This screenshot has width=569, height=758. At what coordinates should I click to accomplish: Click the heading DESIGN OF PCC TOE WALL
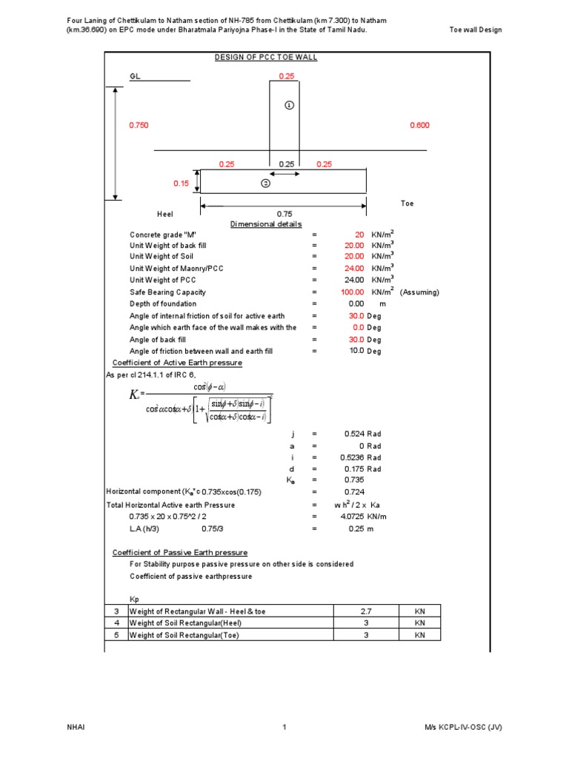265,57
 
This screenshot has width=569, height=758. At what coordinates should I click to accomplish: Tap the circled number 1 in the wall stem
289,105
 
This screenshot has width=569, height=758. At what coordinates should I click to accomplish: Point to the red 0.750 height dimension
139,126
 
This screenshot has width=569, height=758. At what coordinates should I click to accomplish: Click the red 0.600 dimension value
419,126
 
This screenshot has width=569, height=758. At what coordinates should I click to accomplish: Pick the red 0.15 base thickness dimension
181,183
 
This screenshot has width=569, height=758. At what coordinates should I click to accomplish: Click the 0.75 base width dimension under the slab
285,214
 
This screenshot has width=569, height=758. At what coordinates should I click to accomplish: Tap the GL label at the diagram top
135,76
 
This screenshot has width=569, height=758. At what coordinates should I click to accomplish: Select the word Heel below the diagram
164,214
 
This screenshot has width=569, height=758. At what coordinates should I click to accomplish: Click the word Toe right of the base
407,203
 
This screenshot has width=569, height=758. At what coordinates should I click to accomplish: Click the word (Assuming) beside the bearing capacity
419,292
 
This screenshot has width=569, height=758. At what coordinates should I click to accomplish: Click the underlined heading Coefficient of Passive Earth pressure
179,552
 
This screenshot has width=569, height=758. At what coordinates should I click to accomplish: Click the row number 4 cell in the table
116,623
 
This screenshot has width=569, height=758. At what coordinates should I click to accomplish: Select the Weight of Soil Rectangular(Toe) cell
179,634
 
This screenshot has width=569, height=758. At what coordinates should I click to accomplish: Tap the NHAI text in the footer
76,728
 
